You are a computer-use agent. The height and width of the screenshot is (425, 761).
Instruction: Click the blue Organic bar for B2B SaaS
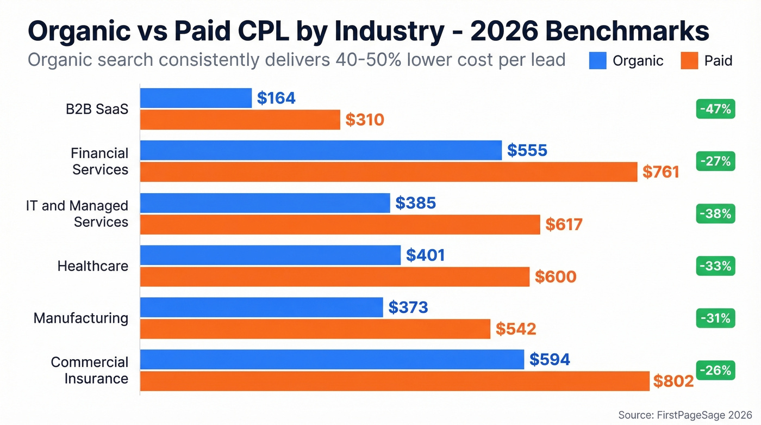(x=196, y=98)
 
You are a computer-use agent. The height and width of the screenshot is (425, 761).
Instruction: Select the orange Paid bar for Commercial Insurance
(x=395, y=381)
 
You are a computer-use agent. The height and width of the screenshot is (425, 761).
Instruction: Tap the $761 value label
(x=660, y=172)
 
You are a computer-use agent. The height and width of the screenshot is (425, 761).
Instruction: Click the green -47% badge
(x=715, y=109)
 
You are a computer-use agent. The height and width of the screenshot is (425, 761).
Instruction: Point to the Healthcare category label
(x=93, y=266)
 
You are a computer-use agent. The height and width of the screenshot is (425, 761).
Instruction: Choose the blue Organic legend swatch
(x=597, y=60)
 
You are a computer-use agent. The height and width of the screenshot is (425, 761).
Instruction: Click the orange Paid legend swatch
(x=689, y=60)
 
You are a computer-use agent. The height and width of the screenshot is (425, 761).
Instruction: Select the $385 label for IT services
(x=415, y=203)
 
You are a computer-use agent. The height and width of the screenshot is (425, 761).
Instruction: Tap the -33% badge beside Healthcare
(x=715, y=266)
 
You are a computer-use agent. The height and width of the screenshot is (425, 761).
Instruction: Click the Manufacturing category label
(x=81, y=318)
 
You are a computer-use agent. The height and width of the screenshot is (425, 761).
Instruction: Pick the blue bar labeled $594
(x=332, y=359)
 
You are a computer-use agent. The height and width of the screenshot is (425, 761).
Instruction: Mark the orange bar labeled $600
(x=334, y=276)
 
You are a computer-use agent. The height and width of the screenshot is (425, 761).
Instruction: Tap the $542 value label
(x=516, y=329)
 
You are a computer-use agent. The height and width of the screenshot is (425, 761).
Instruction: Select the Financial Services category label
(x=99, y=161)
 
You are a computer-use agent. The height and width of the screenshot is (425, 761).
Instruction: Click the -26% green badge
(x=715, y=371)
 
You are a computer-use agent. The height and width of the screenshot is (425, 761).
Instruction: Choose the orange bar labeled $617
(x=340, y=224)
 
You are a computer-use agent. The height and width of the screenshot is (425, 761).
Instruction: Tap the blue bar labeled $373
(x=261, y=307)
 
